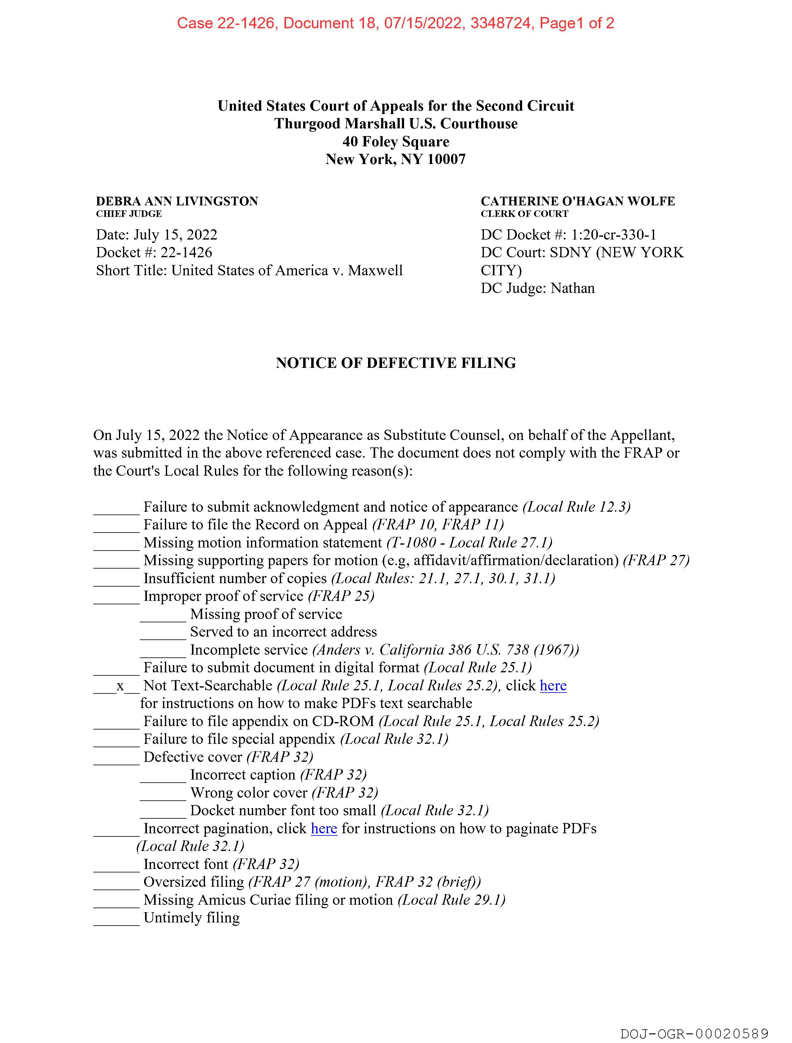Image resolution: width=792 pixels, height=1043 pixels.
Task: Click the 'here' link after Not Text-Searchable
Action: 553,686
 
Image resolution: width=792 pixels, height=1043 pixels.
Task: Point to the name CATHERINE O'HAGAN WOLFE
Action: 577,201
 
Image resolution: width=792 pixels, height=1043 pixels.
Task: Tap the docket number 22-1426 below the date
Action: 186,253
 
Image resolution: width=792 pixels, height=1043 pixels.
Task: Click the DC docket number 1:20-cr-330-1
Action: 614,235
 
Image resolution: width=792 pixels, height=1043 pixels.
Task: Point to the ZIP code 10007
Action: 446,159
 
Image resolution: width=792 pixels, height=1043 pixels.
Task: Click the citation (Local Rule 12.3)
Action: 576,507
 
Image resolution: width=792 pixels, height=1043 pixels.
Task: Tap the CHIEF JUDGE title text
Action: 129,213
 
